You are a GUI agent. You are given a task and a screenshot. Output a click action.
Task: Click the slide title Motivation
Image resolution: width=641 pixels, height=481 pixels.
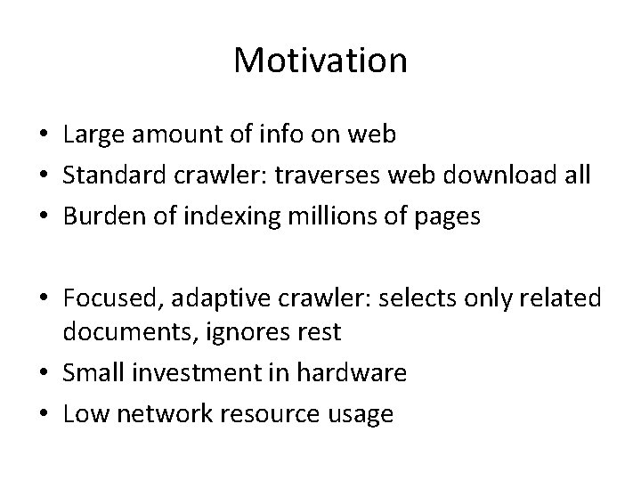pyautogui.click(x=320, y=61)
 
